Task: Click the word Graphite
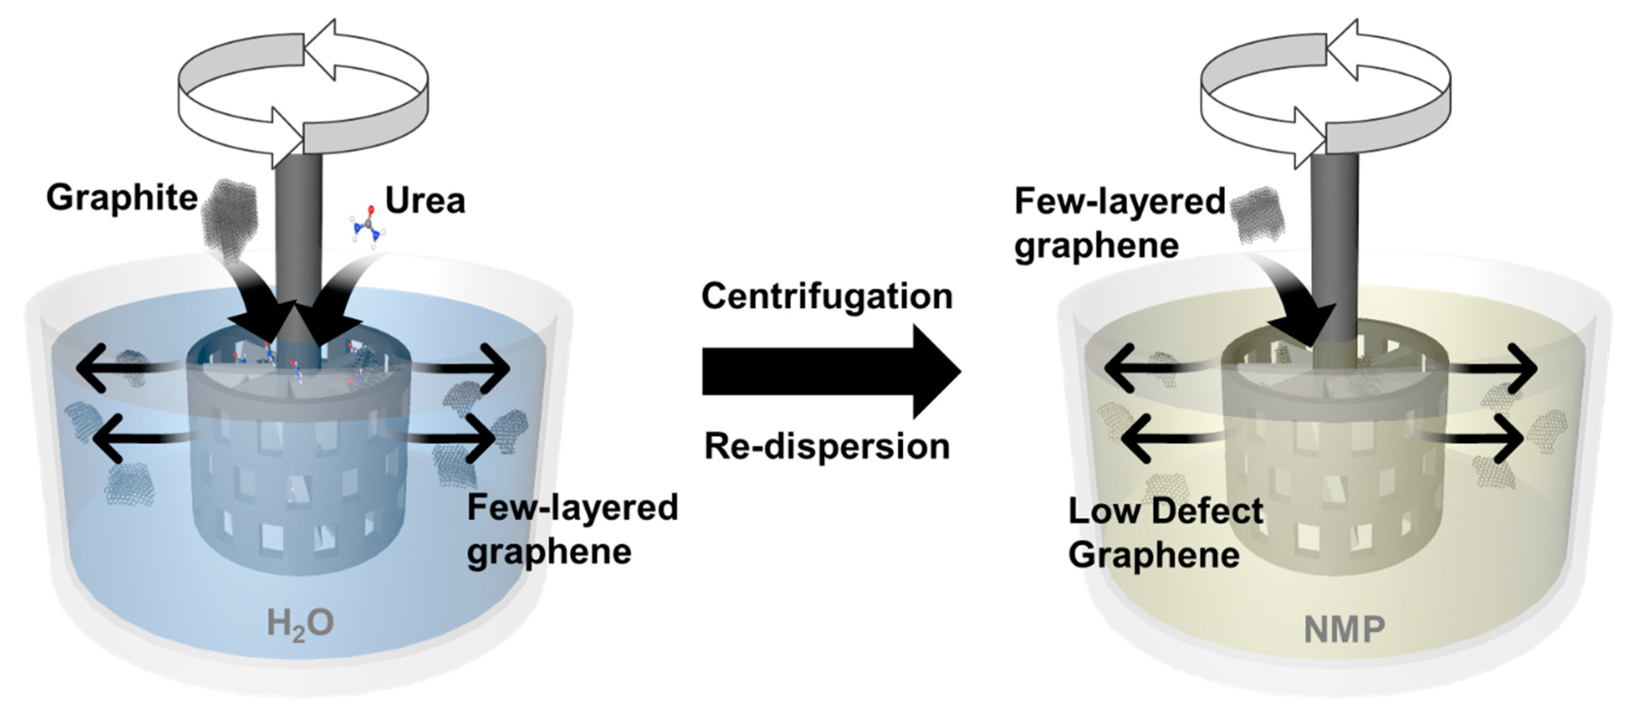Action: (x=122, y=198)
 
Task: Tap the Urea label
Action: (x=425, y=201)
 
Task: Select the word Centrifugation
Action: (x=827, y=296)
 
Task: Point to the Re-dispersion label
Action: (x=827, y=447)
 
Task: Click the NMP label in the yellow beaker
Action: (x=1344, y=630)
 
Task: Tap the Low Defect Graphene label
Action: (x=1165, y=533)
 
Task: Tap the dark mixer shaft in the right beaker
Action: (x=1335, y=253)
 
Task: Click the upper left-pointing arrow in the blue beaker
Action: (x=120, y=367)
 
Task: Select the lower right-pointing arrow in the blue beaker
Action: (x=443, y=438)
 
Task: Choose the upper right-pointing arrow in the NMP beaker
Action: (x=1492, y=368)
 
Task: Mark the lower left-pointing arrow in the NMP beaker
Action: (x=1170, y=438)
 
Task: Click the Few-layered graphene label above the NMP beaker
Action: (x=1119, y=223)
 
